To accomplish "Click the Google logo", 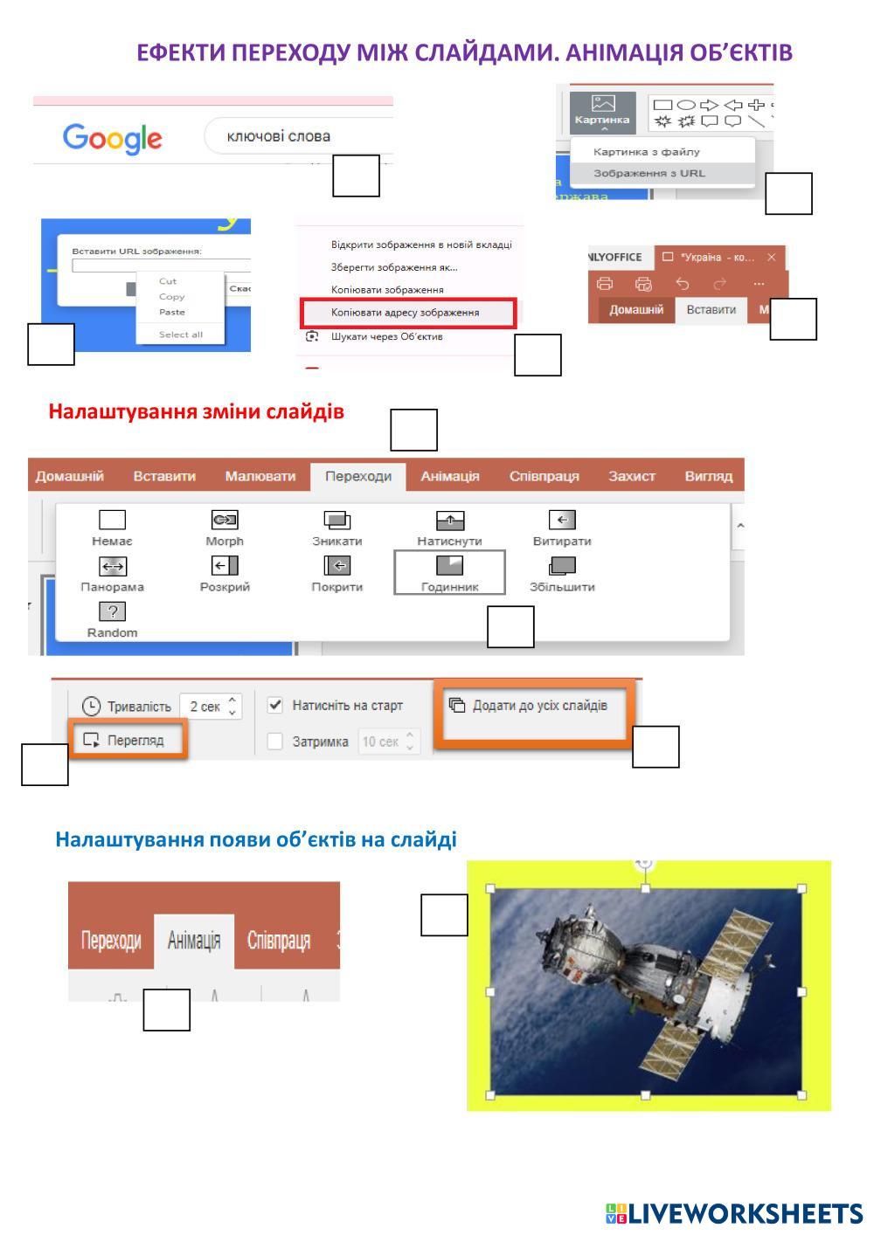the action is point(112,137).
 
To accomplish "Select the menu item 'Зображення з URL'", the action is point(649,173).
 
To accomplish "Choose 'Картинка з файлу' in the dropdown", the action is point(646,152).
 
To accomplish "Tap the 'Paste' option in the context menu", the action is point(172,312).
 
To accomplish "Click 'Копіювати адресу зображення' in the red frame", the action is point(405,312).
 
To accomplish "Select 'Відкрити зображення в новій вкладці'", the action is point(420,245).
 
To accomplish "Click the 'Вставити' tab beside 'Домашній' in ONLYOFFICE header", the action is point(711,310).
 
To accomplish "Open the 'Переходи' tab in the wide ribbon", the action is point(358,476).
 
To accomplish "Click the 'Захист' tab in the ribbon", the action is point(632,476).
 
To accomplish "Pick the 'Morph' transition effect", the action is point(225,528).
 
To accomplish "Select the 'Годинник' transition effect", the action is point(449,573).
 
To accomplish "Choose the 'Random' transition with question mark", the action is point(112,619).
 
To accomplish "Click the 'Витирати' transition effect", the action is point(562,528).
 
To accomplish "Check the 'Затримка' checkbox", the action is point(275,742).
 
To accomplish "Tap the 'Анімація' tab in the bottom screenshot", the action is point(193,941).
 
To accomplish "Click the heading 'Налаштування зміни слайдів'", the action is point(196,411).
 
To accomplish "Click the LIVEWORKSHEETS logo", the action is point(734,1213).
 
